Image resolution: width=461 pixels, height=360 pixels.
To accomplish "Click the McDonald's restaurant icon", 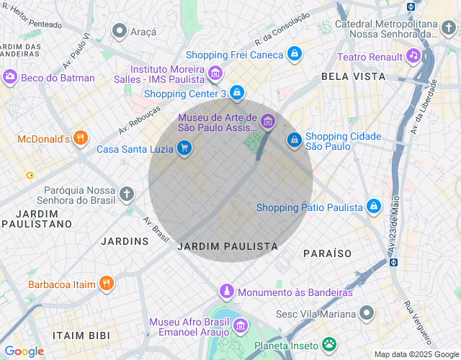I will (x=80, y=139).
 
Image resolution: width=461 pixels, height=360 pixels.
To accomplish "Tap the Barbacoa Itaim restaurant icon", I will (x=106, y=284).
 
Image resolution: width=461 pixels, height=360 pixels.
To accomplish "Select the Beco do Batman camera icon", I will (x=10, y=76).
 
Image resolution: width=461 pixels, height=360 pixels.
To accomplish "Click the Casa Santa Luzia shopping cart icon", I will (x=185, y=148).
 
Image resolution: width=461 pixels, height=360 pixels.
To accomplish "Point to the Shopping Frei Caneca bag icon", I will (x=294, y=54).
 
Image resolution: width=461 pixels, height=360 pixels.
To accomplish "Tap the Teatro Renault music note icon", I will (x=413, y=55).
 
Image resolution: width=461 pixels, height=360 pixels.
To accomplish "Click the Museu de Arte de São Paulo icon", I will (x=267, y=122).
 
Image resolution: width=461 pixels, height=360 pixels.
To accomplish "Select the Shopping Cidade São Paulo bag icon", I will (x=294, y=140).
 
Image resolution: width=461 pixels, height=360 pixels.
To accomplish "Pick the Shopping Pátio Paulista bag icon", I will (x=373, y=207).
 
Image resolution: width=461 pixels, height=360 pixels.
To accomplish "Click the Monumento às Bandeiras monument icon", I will (x=227, y=292).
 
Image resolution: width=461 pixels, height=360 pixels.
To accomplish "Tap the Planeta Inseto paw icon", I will (x=329, y=343).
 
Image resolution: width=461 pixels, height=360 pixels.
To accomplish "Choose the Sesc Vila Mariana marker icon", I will (x=367, y=313).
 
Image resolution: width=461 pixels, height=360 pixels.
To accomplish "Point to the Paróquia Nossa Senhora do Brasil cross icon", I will (x=127, y=194).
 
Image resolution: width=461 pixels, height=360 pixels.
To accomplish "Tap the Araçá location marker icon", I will (x=120, y=30).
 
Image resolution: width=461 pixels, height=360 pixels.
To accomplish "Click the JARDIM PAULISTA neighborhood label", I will (x=227, y=246).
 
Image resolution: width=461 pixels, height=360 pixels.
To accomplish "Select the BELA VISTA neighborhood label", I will (x=346, y=76).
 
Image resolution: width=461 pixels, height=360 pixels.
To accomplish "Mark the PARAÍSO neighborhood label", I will (x=327, y=253).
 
